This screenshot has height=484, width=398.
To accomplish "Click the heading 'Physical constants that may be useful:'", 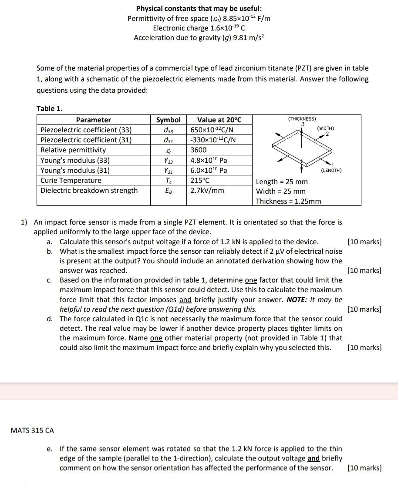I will coord(199,8).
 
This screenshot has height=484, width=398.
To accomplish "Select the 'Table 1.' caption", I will coord(49,108).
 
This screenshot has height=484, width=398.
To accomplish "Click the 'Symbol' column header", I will coord(168,120).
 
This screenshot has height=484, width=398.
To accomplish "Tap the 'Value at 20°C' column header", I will coord(219,120).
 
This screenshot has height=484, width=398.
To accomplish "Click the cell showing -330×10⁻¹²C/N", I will coord(213,140).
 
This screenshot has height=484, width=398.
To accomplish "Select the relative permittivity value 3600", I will coord(199,150).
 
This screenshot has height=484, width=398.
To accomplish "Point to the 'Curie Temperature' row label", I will coord(71,180).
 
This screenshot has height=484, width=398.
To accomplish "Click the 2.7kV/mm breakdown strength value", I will coord(207,190).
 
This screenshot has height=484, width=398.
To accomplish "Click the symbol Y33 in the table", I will coord(168,160).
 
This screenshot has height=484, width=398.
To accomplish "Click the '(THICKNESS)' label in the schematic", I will coord(302,119).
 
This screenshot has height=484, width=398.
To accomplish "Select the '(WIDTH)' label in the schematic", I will coord(326,128).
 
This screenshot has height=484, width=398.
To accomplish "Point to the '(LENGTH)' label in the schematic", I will coord(331,170).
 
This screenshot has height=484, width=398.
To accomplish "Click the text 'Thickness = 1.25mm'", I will coord(288,201).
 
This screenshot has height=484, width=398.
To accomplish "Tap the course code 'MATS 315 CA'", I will coord(32,430).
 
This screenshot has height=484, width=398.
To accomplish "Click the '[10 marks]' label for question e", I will coord(364,468).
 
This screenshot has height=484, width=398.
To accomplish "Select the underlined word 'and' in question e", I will coord(314,458).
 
